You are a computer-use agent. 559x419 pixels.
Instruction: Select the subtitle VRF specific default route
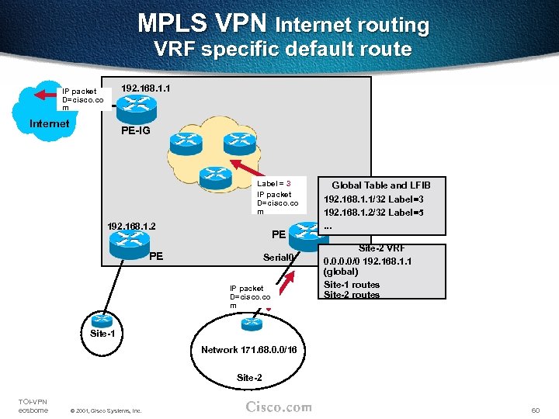pos(283,49)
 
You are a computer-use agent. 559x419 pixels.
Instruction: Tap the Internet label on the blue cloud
pos(49,123)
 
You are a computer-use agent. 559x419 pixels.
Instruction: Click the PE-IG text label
pos(136,130)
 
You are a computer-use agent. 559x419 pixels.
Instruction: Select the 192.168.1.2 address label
pos(131,226)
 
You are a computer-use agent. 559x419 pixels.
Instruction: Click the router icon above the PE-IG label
pos(135,109)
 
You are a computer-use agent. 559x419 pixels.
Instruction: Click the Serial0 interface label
pos(279,258)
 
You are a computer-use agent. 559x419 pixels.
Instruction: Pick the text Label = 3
pos(273,183)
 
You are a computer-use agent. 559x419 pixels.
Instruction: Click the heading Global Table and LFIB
pos(380,185)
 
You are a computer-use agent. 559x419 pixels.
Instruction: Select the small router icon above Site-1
pos(101,320)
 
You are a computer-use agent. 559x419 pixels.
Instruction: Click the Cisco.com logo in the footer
pos(279,407)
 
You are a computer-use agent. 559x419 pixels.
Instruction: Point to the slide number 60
pos(535,408)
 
